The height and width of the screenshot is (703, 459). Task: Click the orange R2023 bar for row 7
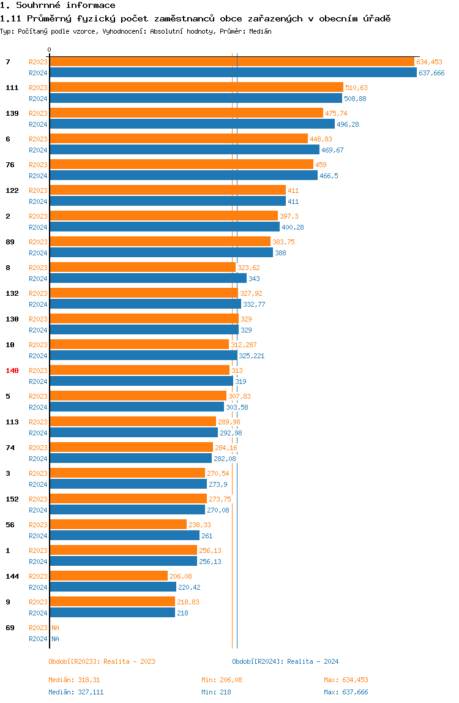click(231, 62)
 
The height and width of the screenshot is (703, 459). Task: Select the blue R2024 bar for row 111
click(195, 99)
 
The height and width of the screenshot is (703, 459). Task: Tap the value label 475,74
click(336, 113)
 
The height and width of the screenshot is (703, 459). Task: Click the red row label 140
click(12, 370)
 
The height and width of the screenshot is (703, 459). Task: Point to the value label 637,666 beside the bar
click(431, 73)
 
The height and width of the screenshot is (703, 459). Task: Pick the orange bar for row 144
click(108, 576)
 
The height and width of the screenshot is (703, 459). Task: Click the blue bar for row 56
click(124, 536)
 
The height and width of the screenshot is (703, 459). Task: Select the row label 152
click(12, 499)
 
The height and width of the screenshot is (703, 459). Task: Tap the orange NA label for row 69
click(55, 628)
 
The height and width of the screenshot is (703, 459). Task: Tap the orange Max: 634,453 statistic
click(346, 680)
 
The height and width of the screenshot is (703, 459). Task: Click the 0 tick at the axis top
click(50, 50)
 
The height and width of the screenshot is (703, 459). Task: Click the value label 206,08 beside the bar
click(182, 576)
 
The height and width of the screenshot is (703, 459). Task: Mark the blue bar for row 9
click(112, 613)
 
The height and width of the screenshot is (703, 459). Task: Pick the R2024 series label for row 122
click(38, 201)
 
